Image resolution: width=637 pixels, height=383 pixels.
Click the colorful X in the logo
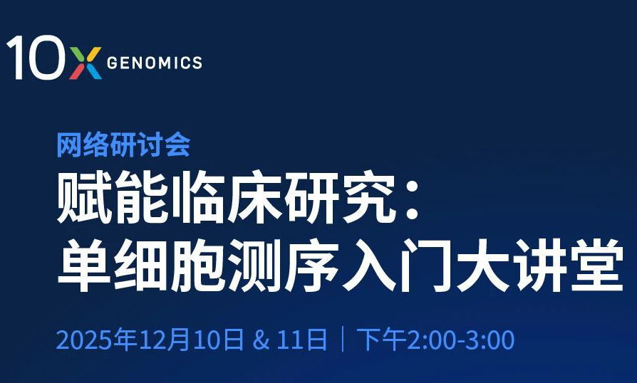click(x=86, y=63)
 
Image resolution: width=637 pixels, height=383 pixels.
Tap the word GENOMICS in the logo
click(x=155, y=63)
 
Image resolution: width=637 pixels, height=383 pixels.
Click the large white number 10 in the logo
click(x=36, y=57)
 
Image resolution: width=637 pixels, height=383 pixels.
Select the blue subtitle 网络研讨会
click(x=123, y=145)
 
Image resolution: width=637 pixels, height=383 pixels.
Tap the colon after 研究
click(x=412, y=199)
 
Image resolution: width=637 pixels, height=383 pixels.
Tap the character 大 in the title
click(x=482, y=265)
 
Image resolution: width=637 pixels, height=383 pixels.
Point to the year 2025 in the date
click(x=83, y=340)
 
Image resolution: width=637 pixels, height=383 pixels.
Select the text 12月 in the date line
click(x=165, y=340)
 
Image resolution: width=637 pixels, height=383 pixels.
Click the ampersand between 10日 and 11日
click(x=261, y=340)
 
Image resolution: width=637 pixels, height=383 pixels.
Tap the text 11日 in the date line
click(x=302, y=340)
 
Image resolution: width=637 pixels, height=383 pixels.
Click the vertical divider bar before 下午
click(x=343, y=339)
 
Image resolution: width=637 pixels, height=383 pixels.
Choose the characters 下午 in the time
click(x=381, y=340)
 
